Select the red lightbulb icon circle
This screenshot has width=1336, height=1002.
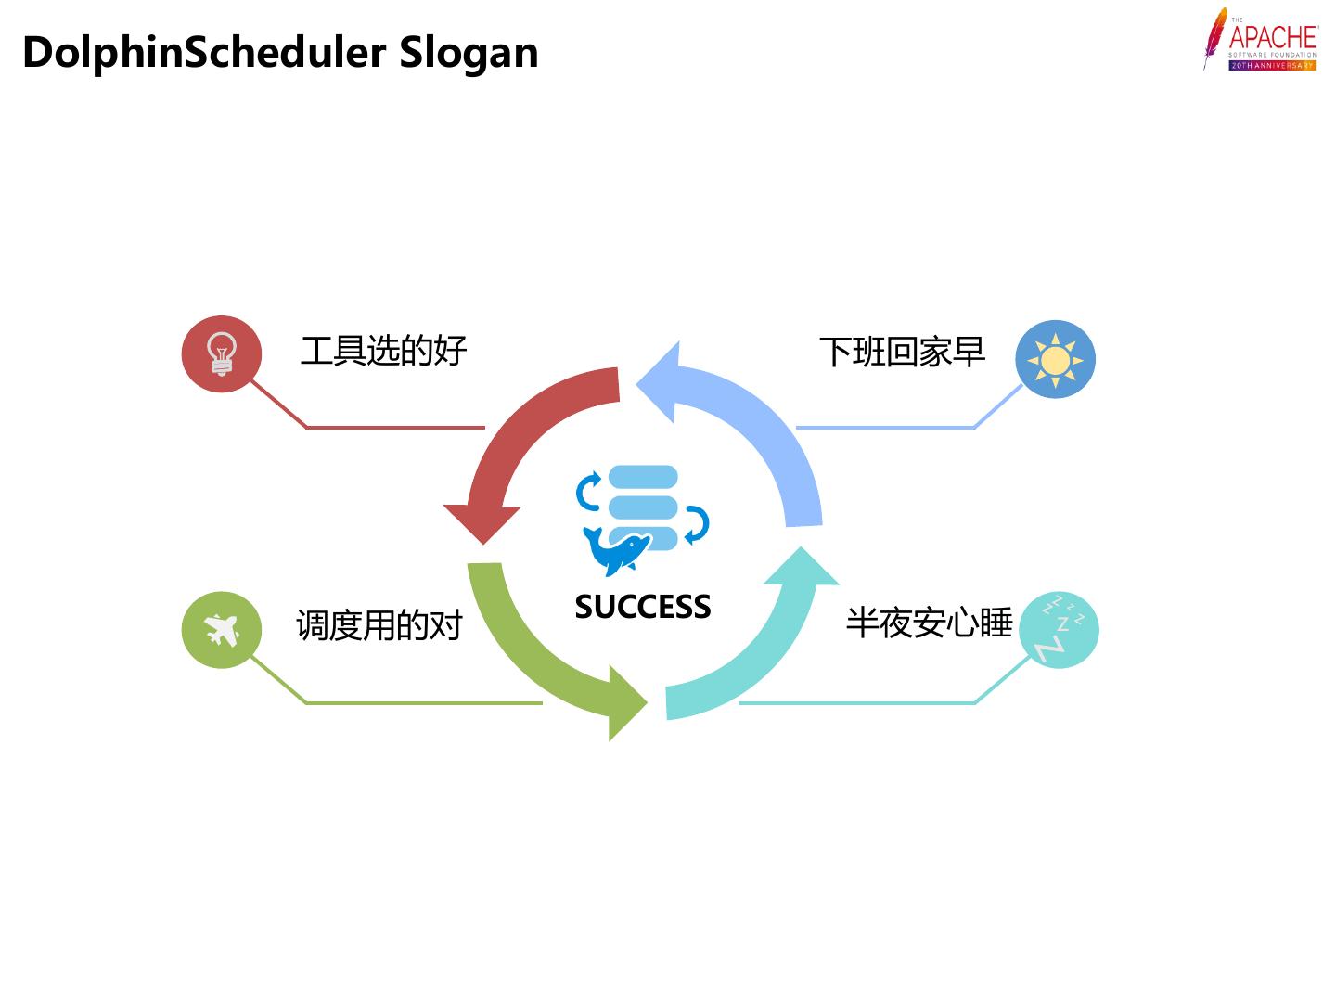pyautogui.click(x=221, y=354)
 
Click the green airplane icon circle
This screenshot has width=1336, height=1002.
pyautogui.click(x=221, y=630)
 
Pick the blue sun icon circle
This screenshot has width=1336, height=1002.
pyautogui.click(x=1055, y=359)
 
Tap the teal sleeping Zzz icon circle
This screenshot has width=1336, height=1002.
pyautogui.click(x=1058, y=629)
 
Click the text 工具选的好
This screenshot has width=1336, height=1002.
pyautogui.click(x=383, y=352)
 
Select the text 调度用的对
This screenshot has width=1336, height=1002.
pyautogui.click(x=379, y=625)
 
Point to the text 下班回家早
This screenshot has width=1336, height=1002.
pyautogui.click(x=901, y=353)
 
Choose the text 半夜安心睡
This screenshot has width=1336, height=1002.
pyautogui.click(x=929, y=623)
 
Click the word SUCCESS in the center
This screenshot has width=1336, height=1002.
pyautogui.click(x=642, y=607)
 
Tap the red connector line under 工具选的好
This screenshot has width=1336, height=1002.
pyautogui.click(x=394, y=428)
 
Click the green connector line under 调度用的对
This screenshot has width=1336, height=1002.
pyautogui.click(x=422, y=703)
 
